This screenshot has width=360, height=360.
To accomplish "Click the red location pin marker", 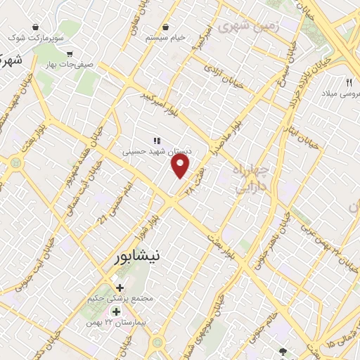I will point(181,167).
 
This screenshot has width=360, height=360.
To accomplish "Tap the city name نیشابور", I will point(145,257).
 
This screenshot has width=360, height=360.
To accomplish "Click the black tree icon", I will point(283,351).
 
